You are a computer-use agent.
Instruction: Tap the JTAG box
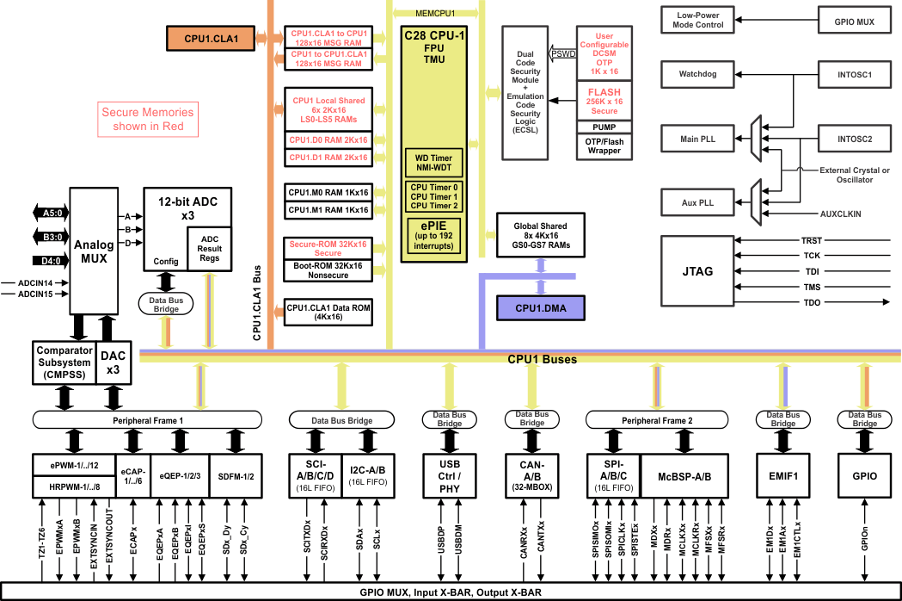696,270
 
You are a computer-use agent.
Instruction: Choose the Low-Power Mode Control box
699,19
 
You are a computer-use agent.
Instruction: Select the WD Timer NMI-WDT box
434,163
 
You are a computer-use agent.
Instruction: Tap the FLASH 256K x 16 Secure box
604,101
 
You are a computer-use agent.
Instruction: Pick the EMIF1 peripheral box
782,474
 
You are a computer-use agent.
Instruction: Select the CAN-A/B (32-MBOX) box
531,474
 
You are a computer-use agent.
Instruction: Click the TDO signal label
811,302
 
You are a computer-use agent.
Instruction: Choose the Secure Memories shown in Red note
143,120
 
